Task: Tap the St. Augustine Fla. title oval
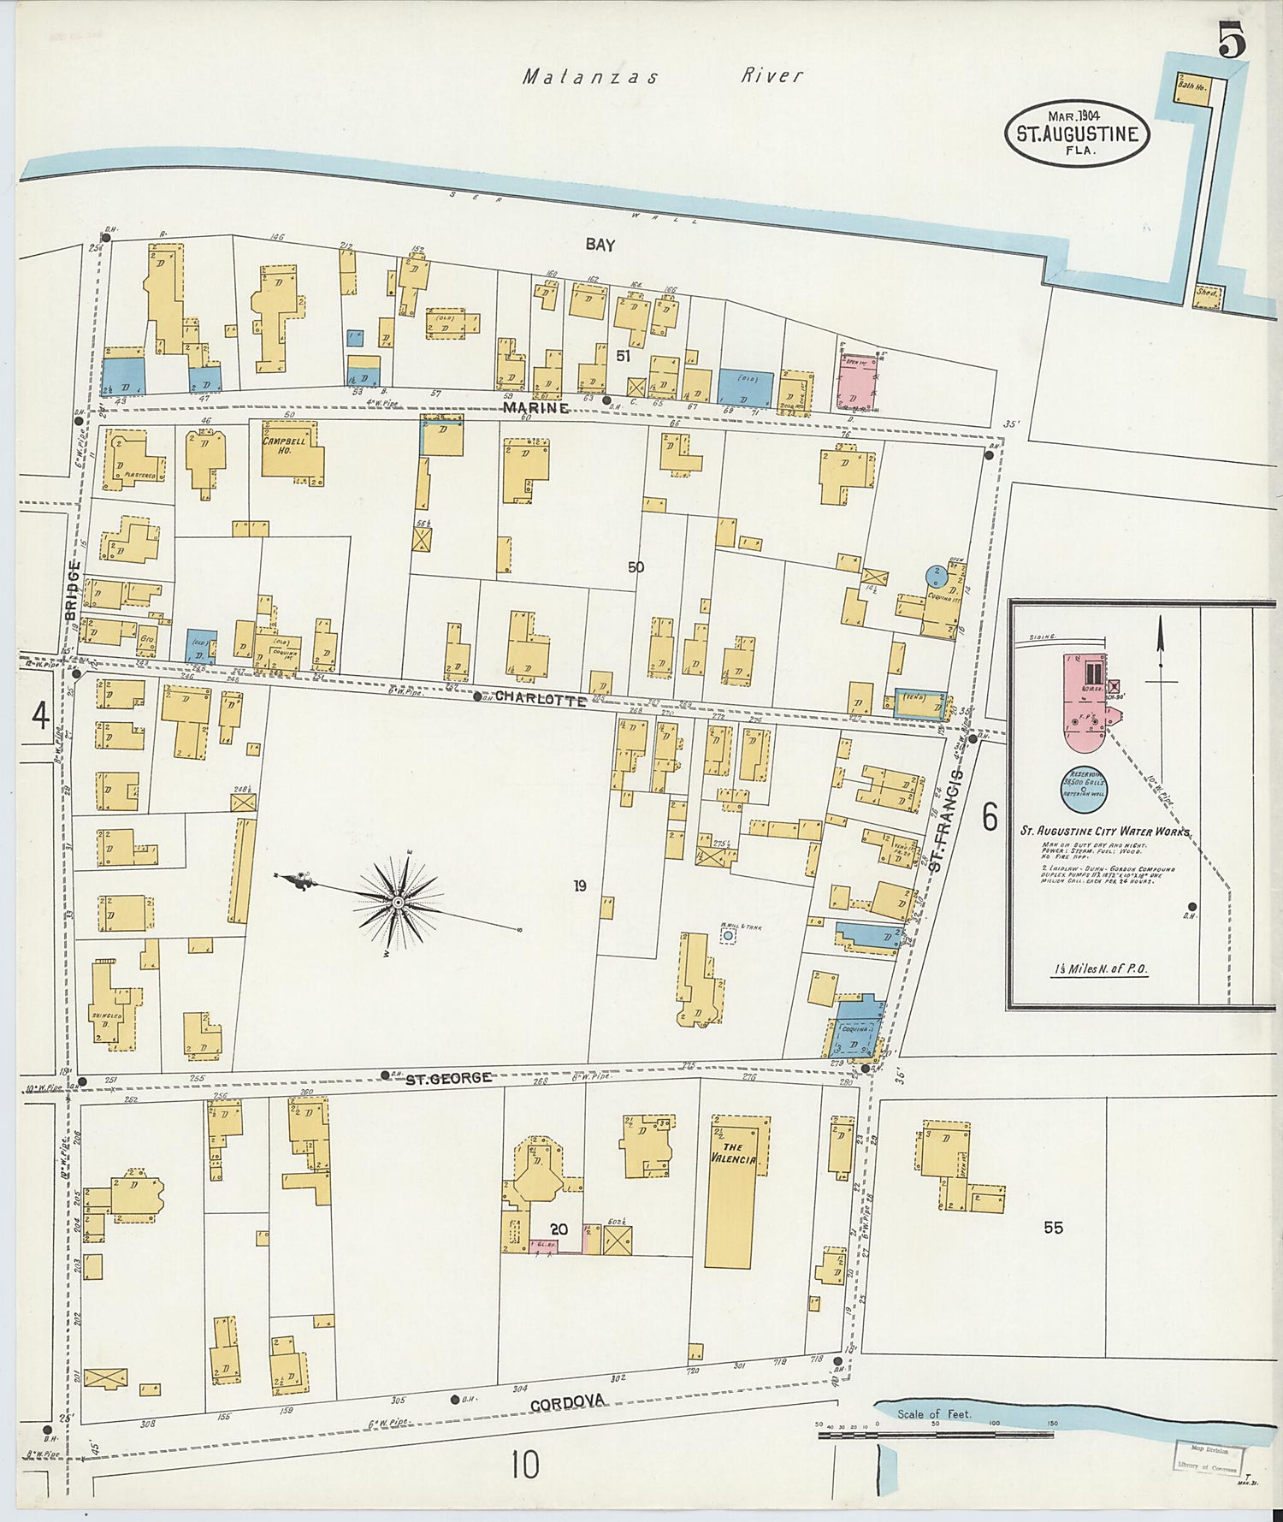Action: coord(1077,133)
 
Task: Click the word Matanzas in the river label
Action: coord(590,77)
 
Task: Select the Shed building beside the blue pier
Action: coord(1208,295)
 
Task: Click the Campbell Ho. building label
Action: coord(288,447)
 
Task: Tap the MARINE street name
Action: coord(535,408)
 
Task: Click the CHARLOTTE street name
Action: coord(541,699)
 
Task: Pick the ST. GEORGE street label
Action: coord(448,1077)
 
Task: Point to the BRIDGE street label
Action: coord(73,590)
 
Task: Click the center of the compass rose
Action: coord(399,903)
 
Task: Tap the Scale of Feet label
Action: coord(934,1413)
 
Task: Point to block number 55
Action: coord(1053,1228)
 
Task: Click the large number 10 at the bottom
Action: coord(525,1465)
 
